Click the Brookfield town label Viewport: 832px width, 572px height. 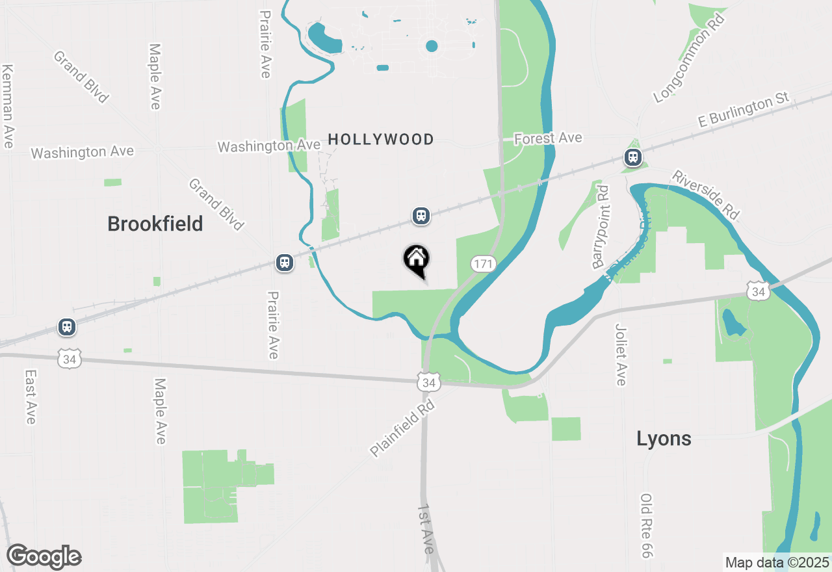click(155, 224)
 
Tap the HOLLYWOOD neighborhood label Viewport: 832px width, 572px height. click(381, 139)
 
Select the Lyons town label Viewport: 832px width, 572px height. click(664, 439)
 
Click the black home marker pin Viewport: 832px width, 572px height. click(417, 260)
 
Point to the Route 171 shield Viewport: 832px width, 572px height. click(484, 264)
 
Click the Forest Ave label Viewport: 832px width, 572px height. click(548, 138)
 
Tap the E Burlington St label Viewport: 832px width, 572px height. click(743, 110)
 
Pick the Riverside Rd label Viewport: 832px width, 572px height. click(706, 195)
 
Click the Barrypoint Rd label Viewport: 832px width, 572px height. click(601, 227)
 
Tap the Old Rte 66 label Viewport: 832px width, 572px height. click(646, 525)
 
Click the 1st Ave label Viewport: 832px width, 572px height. click(425, 528)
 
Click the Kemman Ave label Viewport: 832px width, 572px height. click(8, 106)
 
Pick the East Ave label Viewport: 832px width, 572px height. click(30, 397)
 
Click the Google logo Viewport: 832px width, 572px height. click(44, 557)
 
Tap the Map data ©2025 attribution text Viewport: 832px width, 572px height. click(777, 562)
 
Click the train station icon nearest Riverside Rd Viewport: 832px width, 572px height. click(632, 157)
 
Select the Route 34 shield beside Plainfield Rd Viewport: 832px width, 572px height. click(428, 383)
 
